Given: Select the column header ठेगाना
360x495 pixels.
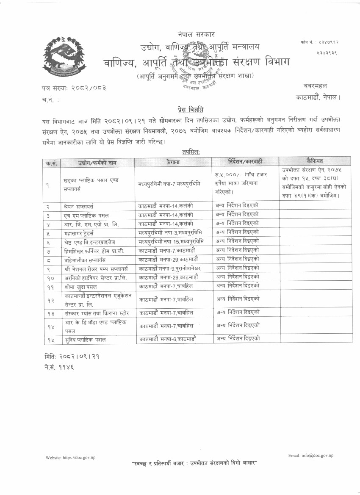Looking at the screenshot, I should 174,162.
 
